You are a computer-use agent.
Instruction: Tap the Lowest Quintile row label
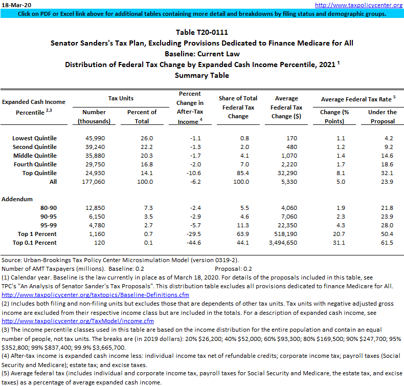(x=34, y=138)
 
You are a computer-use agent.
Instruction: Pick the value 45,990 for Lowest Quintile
(x=94, y=138)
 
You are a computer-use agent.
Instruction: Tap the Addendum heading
(x=18, y=199)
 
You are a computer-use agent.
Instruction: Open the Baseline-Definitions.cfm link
(x=96, y=295)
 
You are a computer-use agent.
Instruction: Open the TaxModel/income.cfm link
(x=78, y=321)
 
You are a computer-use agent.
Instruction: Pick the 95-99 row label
(x=48, y=225)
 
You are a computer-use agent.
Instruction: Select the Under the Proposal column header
(x=382, y=116)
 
